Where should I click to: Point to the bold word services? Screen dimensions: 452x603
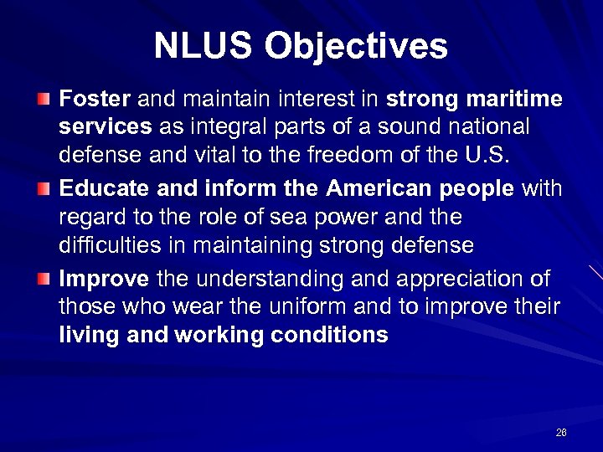tap(106, 127)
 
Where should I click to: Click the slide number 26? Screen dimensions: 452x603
tap(561, 433)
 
